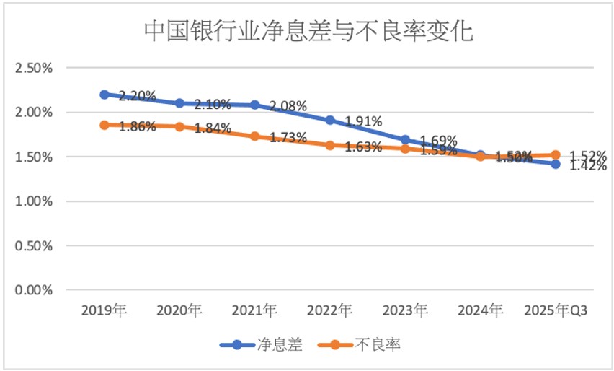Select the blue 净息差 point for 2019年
(x=104, y=95)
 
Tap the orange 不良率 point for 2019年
(x=104, y=125)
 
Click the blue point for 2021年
(x=255, y=105)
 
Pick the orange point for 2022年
(x=330, y=145)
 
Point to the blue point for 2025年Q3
(x=556, y=164)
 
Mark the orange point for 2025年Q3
(x=556, y=155)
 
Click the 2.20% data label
(x=137, y=95)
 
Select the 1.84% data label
(x=212, y=128)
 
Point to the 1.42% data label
(x=588, y=167)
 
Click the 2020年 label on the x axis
(x=179, y=311)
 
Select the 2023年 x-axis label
(x=405, y=311)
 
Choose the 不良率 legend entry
(x=376, y=344)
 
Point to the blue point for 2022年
(x=330, y=120)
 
